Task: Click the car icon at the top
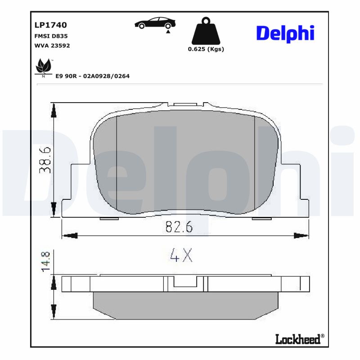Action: (155, 23)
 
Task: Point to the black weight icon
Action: (206, 31)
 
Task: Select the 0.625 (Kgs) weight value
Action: (206, 49)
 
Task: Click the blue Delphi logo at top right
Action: (285, 34)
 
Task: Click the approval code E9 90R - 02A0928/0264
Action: (92, 76)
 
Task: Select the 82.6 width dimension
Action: (179, 227)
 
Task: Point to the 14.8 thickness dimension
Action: (45, 261)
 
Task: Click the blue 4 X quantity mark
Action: (181, 256)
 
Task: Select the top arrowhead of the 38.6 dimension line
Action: (54, 109)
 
